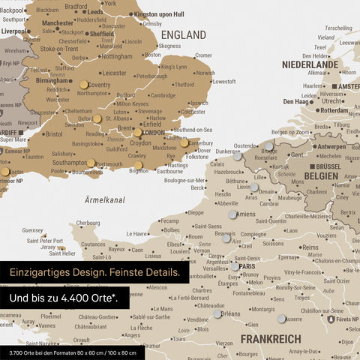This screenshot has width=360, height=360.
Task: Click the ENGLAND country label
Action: [x=184, y=35]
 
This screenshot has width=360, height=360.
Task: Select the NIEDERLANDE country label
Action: [x=310, y=64]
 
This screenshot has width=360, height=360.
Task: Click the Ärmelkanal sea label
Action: [x=104, y=199]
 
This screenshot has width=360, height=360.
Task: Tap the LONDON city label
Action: [x=153, y=133]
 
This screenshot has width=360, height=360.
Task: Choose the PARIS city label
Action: [x=248, y=266]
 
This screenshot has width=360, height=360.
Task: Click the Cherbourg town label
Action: [x=88, y=223]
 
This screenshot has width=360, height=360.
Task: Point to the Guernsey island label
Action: [x=33, y=230]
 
